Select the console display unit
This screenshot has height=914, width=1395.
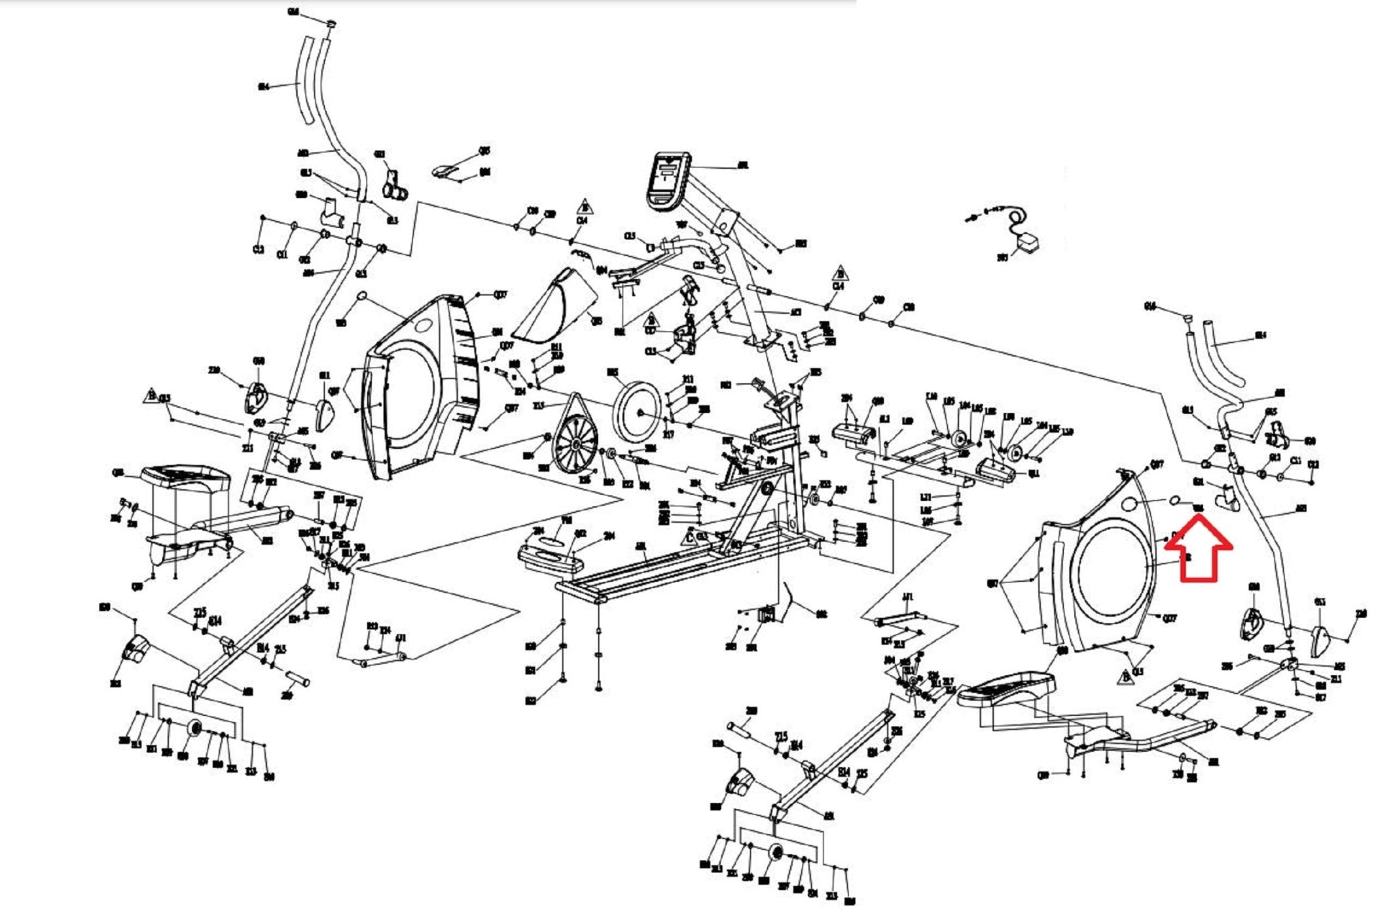(668, 178)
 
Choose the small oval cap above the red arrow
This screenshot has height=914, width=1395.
(1176, 500)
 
